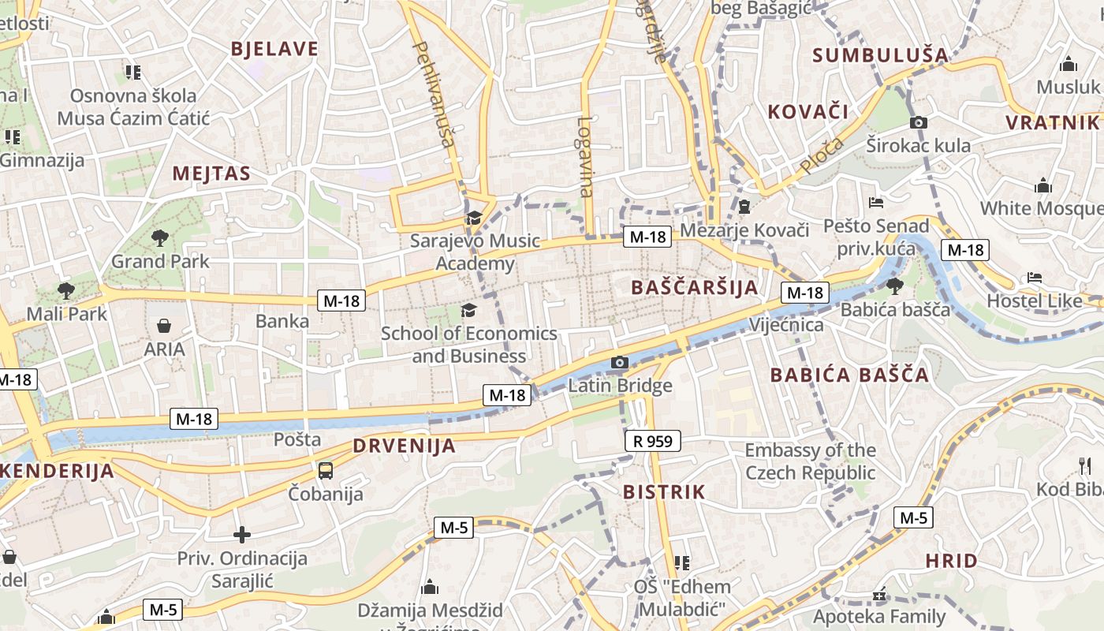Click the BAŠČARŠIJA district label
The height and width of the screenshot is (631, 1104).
tap(695, 288)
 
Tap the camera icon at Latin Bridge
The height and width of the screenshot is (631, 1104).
tap(620, 363)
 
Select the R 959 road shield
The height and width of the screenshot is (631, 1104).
tap(653, 441)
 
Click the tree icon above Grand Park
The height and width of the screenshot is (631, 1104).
tap(160, 237)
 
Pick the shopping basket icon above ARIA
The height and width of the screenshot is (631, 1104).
tap(164, 326)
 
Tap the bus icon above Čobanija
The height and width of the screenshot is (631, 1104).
tap(325, 471)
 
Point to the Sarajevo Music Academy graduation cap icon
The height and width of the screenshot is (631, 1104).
tap(474, 218)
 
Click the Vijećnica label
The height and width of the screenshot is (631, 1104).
tap(785, 324)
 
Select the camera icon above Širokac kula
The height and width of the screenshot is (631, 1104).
tap(918, 122)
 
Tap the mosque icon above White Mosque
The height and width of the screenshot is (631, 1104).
tap(1043, 186)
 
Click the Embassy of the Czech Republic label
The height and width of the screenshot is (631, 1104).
tap(811, 461)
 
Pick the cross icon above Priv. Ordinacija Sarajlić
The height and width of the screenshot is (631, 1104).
tap(241, 535)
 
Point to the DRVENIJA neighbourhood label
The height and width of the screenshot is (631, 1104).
tap(404, 446)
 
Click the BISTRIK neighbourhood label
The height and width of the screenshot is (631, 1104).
tap(664, 492)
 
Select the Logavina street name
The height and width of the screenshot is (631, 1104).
tap(584, 156)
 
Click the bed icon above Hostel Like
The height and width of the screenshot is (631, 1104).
tap(1035, 278)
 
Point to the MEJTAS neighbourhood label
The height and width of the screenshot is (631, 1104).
tap(211, 174)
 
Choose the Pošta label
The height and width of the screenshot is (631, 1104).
tap(297, 439)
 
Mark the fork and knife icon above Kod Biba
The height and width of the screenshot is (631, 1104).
tap(1084, 465)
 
